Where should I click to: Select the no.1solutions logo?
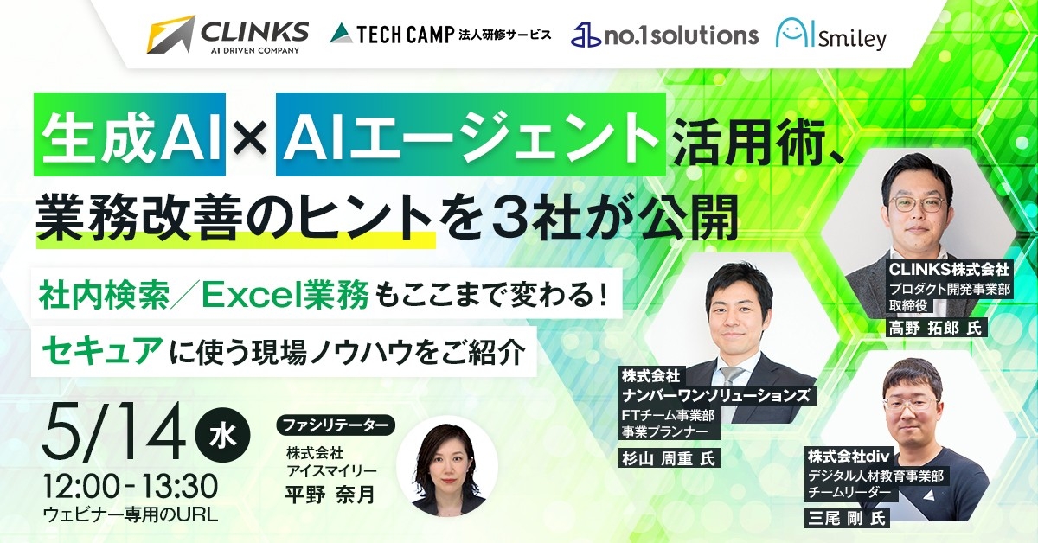click(x=664, y=35)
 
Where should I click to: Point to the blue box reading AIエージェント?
click(x=471, y=136)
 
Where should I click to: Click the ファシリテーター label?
click(x=335, y=425)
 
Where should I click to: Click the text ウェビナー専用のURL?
click(x=130, y=514)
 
